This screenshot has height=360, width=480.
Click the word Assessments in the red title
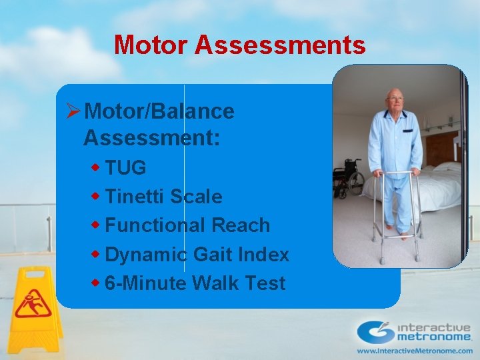[280, 45]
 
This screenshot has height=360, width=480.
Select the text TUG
[125, 168]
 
